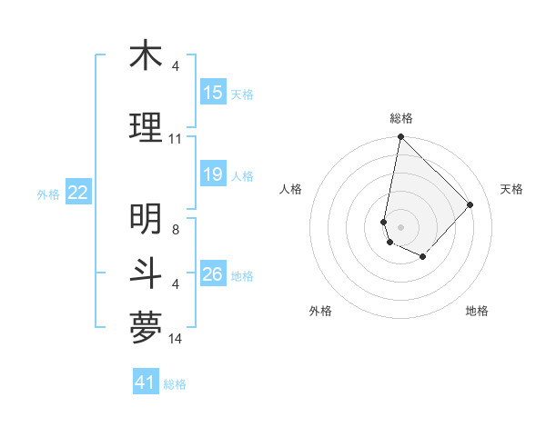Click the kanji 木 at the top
pos(146,56)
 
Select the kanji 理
pos(146,126)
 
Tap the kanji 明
pos(146,219)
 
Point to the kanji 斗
pos(146,273)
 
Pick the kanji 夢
pos(146,328)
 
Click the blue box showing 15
pos(213,93)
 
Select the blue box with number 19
pos(213,174)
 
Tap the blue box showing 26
pos(213,274)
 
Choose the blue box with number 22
pos(78,193)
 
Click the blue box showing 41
pos(146,382)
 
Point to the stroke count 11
pos(175,138)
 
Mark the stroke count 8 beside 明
pos(175,230)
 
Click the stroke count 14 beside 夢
pos(176,339)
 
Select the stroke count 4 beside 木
pos(175,66)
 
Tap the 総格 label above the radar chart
pos(401,118)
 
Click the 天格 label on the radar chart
pos(512,189)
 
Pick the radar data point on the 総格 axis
pos(400,137)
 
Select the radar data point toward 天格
pos(470,204)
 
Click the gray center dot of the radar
pos(401,226)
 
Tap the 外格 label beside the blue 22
pos(47,194)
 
